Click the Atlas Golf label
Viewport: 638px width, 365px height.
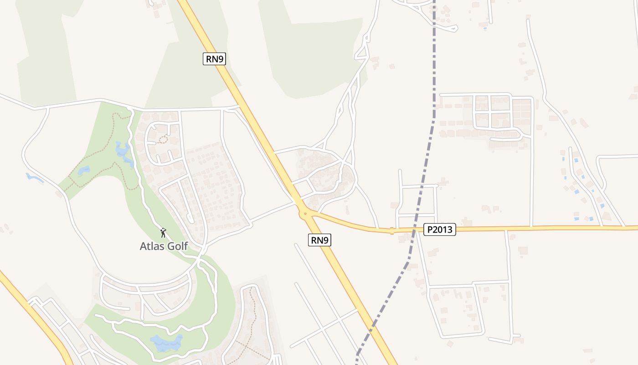164,246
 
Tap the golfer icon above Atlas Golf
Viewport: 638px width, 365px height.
163,233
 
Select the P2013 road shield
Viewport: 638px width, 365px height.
440,229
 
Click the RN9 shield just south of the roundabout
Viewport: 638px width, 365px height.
319,240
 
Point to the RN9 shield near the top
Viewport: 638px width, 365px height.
214,58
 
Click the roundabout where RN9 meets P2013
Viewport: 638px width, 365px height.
304,212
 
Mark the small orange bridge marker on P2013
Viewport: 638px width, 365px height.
391,231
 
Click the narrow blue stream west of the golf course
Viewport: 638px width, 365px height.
35,177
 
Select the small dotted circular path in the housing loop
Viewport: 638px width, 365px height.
163,140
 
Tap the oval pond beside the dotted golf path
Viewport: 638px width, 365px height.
84,171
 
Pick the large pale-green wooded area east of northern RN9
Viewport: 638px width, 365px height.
314,50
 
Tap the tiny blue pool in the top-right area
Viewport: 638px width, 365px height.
484,29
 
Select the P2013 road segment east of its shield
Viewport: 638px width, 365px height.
547,228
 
